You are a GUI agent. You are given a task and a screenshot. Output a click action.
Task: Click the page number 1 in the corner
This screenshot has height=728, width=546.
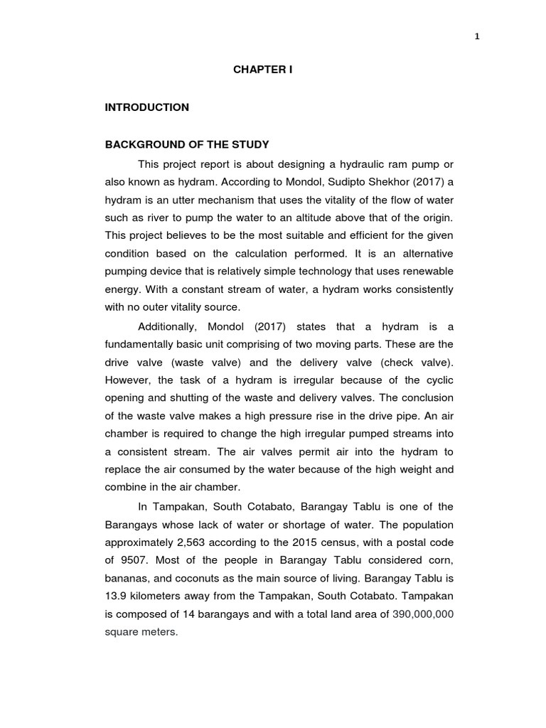click(477, 38)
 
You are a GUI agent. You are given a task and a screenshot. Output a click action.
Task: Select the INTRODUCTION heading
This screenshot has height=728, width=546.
click(147, 107)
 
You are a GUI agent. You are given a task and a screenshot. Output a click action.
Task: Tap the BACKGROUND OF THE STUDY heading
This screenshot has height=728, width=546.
click(187, 145)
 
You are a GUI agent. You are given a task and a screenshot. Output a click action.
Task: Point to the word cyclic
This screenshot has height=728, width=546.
click(437, 380)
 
